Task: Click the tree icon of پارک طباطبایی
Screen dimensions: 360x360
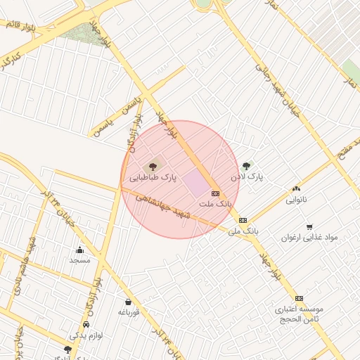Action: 153,167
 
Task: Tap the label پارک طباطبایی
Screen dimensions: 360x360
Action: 153,179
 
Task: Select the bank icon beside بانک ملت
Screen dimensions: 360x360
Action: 215,193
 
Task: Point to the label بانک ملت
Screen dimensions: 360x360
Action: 215,203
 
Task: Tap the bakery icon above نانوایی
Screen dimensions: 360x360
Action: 296,188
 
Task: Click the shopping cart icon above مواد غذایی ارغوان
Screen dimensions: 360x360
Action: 309,226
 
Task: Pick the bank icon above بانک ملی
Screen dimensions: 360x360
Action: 243,220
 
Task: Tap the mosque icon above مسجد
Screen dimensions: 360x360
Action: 79,250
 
